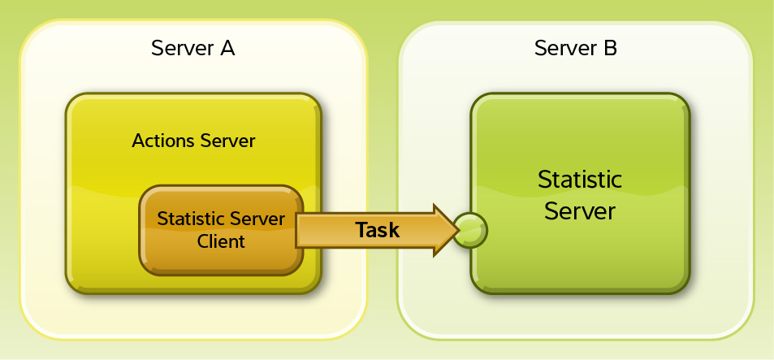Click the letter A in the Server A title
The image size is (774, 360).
point(227,49)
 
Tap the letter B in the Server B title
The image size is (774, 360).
point(609,49)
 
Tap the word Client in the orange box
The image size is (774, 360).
point(221,241)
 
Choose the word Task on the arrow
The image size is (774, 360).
point(378,230)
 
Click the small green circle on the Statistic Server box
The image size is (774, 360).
point(470,230)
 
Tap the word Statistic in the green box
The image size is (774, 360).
point(580,180)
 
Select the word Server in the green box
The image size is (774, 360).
point(580,212)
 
